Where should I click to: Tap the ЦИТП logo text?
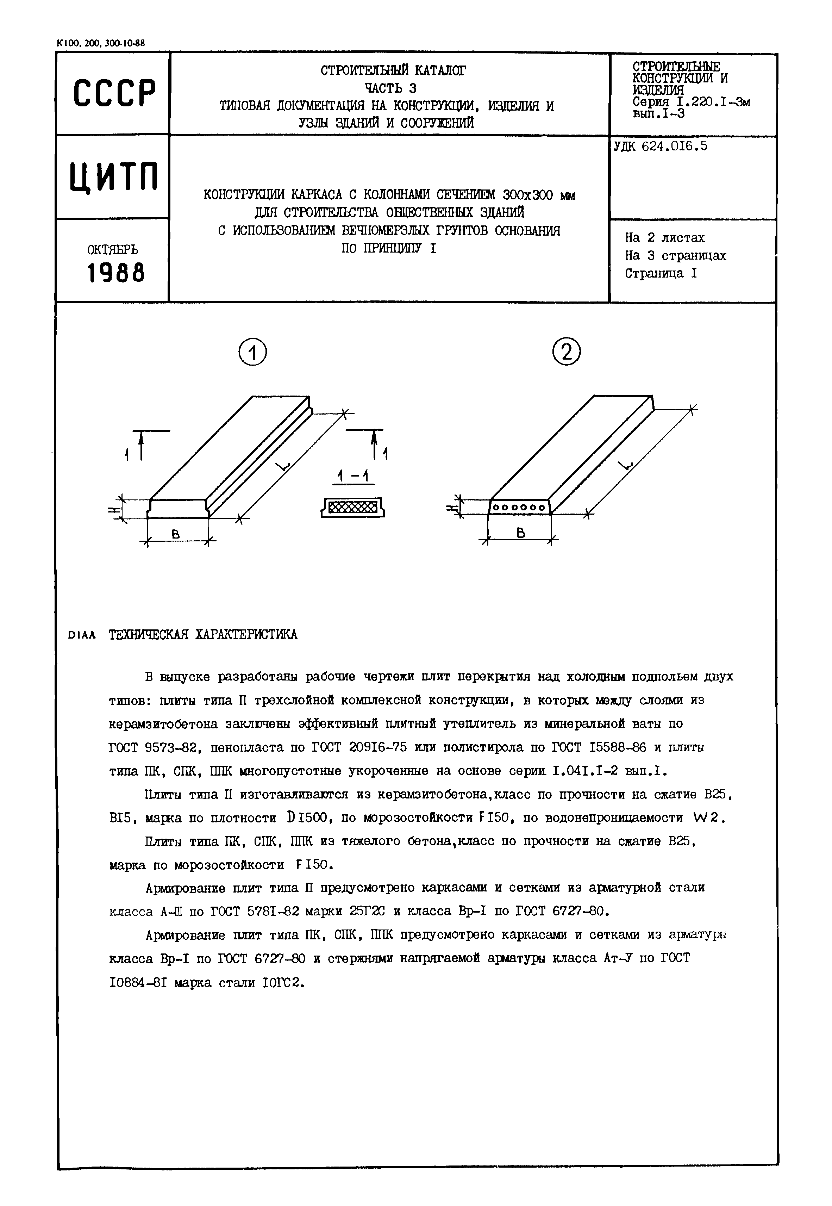point(114,177)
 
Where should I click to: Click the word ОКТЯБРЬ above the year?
point(113,249)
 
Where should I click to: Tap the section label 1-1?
point(353,475)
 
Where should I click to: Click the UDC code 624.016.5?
point(661,147)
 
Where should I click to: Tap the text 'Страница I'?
point(661,273)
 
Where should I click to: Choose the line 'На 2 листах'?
point(665,238)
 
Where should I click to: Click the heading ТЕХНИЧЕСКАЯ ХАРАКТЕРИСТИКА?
point(203,635)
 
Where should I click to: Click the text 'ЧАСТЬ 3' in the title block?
point(390,88)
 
